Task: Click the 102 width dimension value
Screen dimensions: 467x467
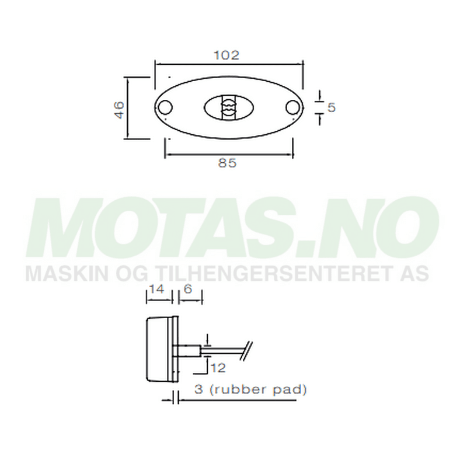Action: pyautogui.click(x=227, y=55)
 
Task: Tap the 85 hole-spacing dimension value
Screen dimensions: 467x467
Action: pyautogui.click(x=227, y=163)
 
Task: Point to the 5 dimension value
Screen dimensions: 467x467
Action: pyautogui.click(x=331, y=107)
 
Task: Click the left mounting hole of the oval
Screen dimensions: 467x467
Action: pyautogui.click(x=166, y=107)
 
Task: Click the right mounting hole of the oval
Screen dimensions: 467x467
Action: pyautogui.click(x=292, y=107)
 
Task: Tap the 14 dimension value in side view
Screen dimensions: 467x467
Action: pyautogui.click(x=156, y=290)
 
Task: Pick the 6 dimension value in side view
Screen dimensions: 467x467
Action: pyautogui.click(x=188, y=290)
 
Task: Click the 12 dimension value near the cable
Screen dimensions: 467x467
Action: pyautogui.click(x=218, y=368)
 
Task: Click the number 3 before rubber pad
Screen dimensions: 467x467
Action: pyautogui.click(x=198, y=389)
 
